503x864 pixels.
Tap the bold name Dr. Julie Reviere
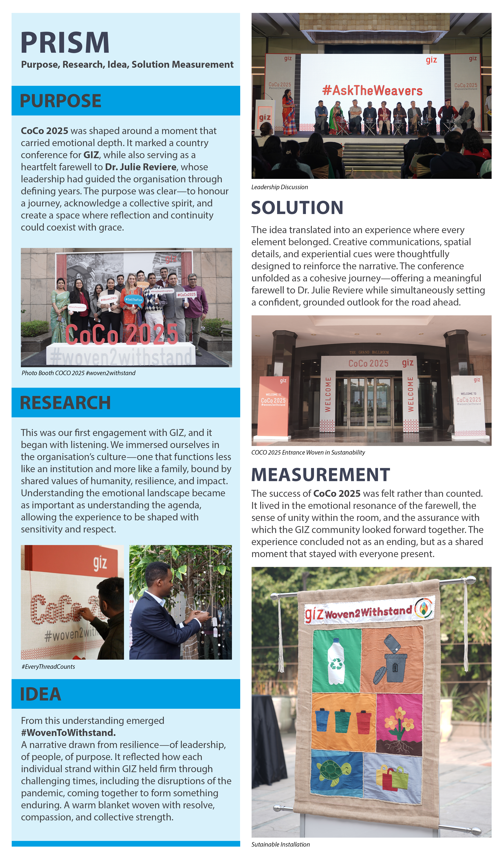(x=141, y=167)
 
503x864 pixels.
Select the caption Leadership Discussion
(x=279, y=187)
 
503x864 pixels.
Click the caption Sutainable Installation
(x=280, y=845)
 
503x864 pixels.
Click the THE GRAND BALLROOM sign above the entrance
(x=369, y=352)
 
